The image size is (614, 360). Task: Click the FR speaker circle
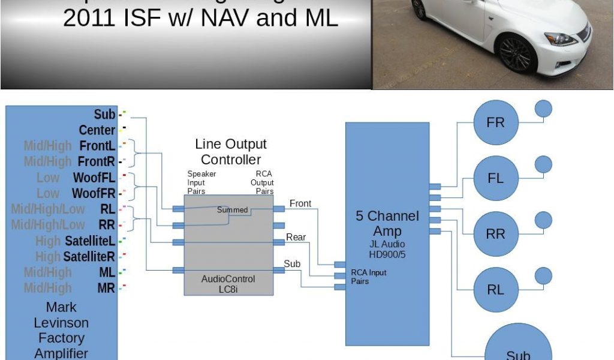[x=496, y=122]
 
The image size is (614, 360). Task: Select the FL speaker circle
[x=496, y=178]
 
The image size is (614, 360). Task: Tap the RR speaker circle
[x=496, y=234]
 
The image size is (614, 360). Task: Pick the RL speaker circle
[x=496, y=290]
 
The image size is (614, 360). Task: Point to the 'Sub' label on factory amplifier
[x=104, y=114]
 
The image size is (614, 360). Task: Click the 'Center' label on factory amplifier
[x=97, y=130]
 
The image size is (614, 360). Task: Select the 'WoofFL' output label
[x=94, y=178]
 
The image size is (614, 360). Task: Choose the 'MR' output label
[x=106, y=288]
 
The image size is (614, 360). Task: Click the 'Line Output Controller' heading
[x=231, y=152]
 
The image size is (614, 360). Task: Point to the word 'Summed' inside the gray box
[x=233, y=210]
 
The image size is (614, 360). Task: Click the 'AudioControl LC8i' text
[x=228, y=284]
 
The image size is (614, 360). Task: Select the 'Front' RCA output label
[x=300, y=203]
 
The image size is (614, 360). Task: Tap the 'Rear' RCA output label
[x=296, y=237]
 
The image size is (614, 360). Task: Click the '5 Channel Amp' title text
[x=387, y=223]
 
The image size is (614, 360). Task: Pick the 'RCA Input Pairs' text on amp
[x=369, y=277]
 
